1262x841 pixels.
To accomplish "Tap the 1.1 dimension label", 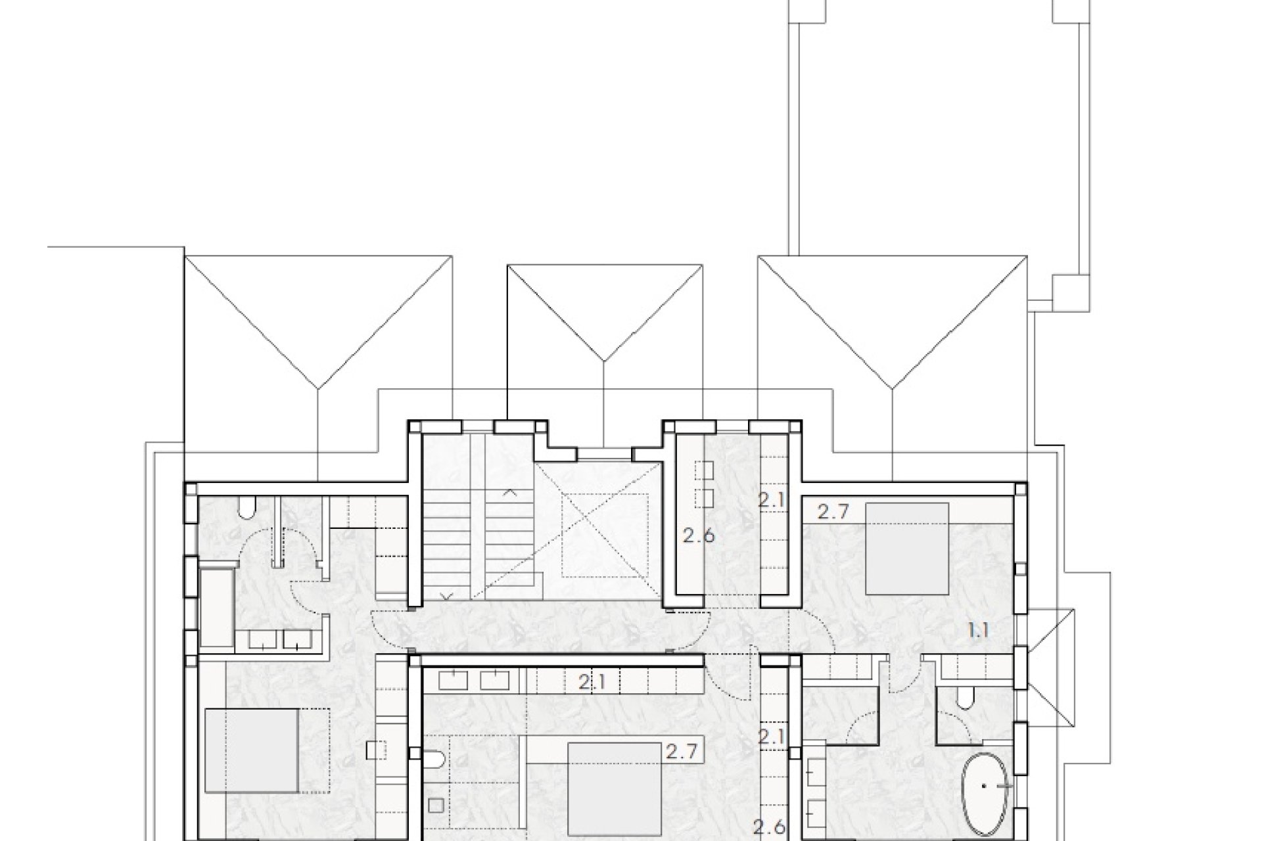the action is (x=979, y=631).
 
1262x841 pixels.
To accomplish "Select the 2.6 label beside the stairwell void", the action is (x=698, y=535).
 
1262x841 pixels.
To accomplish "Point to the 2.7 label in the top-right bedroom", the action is (x=834, y=512).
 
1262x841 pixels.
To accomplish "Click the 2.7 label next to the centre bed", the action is (x=680, y=750).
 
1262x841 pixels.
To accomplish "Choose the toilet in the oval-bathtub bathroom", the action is (x=965, y=698).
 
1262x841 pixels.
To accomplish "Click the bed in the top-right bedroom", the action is (x=907, y=549).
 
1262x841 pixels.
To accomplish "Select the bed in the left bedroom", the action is (x=252, y=750).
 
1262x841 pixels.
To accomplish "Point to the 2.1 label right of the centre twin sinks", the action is (x=592, y=683).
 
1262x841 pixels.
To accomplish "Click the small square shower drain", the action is (x=436, y=804).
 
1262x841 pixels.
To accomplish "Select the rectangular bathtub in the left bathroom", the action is (x=216, y=607).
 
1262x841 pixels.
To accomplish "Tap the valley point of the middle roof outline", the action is (x=604, y=361).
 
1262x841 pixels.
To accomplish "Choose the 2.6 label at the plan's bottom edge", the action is (x=770, y=826).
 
